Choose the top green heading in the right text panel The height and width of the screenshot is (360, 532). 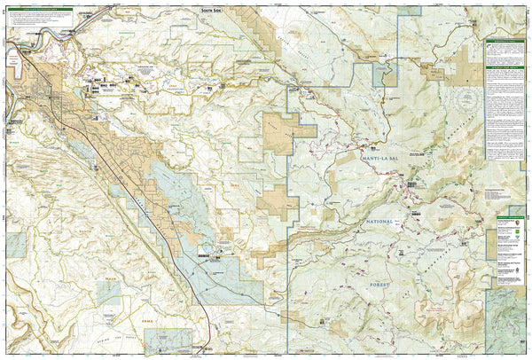[506, 42]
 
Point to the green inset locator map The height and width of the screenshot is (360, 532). [508, 310]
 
